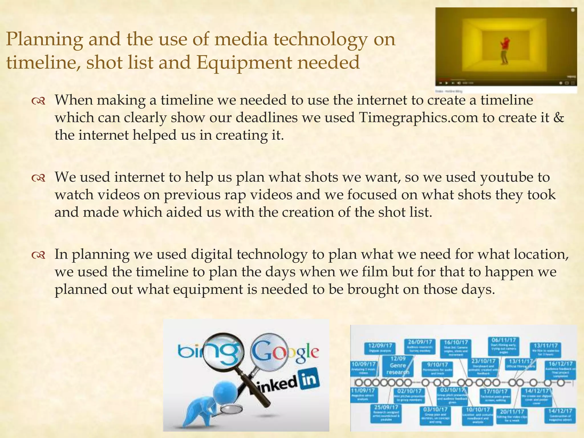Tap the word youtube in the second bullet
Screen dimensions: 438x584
(506, 177)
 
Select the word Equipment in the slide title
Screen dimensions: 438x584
(244, 63)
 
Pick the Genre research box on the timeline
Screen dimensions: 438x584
(398, 365)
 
